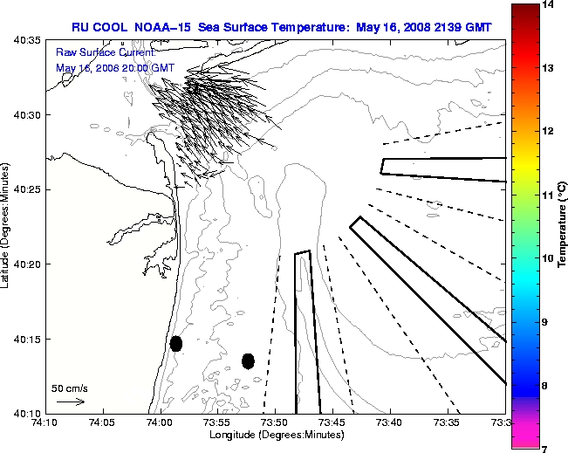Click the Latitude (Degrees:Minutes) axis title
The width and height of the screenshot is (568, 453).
pyautogui.click(x=6, y=226)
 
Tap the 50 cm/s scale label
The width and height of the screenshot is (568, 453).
pyautogui.click(x=70, y=388)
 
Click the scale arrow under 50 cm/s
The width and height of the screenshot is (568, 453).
pyautogui.click(x=70, y=402)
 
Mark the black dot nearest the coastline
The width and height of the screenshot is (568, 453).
pyautogui.click(x=176, y=343)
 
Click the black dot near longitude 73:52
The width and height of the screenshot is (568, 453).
pyautogui.click(x=248, y=360)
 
